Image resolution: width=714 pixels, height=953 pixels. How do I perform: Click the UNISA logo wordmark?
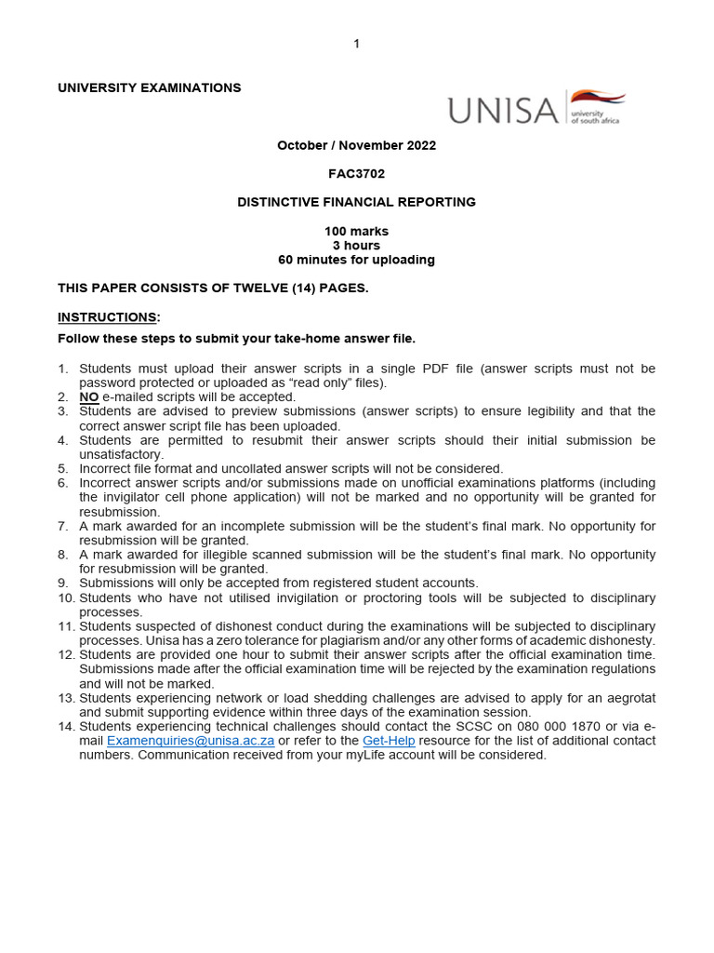[503, 110]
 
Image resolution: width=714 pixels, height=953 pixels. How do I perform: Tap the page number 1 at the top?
[356, 45]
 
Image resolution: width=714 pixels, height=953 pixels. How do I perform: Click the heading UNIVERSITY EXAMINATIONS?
[149, 87]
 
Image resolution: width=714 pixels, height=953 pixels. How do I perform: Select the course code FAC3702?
[356, 173]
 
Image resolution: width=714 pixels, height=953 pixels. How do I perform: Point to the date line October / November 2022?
[356, 145]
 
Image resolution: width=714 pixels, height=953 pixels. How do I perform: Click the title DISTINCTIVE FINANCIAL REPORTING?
[356, 202]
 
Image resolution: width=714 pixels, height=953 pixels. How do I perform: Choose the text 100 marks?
[356, 231]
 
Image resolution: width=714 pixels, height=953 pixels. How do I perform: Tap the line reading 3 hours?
[356, 246]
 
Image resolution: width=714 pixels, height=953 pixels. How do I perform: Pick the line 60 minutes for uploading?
[356, 260]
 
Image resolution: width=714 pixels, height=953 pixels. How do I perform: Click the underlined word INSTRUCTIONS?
[108, 317]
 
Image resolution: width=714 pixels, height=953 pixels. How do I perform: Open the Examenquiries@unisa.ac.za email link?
[191, 741]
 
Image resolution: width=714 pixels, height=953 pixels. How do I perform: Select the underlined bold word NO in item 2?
[89, 396]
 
